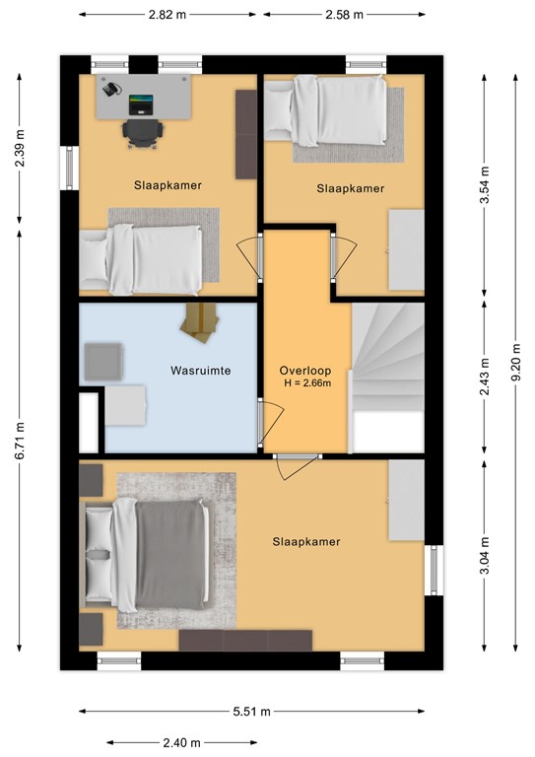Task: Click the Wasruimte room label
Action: pyautogui.click(x=201, y=371)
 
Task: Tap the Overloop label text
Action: pyautogui.click(x=305, y=371)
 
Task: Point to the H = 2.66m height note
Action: pyautogui.click(x=307, y=383)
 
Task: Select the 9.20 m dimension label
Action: pyautogui.click(x=515, y=362)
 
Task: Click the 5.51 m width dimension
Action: pyautogui.click(x=252, y=711)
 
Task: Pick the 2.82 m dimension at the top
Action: pyautogui.click(x=167, y=15)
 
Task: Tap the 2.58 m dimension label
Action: pyautogui.click(x=344, y=15)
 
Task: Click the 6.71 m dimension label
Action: pyautogui.click(x=20, y=441)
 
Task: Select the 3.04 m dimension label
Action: pyautogui.click(x=485, y=555)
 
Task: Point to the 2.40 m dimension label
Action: pyautogui.click(x=181, y=742)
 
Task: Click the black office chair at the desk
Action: pyautogui.click(x=142, y=133)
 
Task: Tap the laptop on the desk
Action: pyautogui.click(x=141, y=104)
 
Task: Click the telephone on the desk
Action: pyautogui.click(x=111, y=89)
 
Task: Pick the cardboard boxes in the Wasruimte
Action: pyautogui.click(x=200, y=321)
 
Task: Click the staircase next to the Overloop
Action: pyautogui.click(x=388, y=378)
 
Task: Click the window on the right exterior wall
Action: pyautogui.click(x=435, y=570)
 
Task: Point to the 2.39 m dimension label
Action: pyautogui.click(x=20, y=148)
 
